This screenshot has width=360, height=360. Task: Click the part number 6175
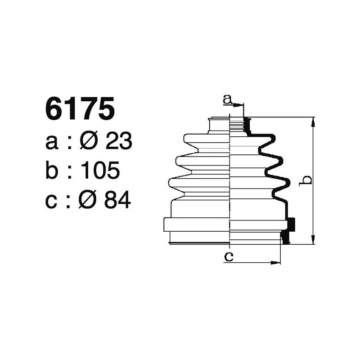pos(79,110)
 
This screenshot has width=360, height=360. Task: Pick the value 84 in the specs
pos(117,201)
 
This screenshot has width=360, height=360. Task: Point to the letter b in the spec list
pos(53,171)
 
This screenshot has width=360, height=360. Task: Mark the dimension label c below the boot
pos(229,257)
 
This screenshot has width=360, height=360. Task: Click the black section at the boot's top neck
pos(246,125)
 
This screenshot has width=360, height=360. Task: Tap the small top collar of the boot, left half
pos(220,125)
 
